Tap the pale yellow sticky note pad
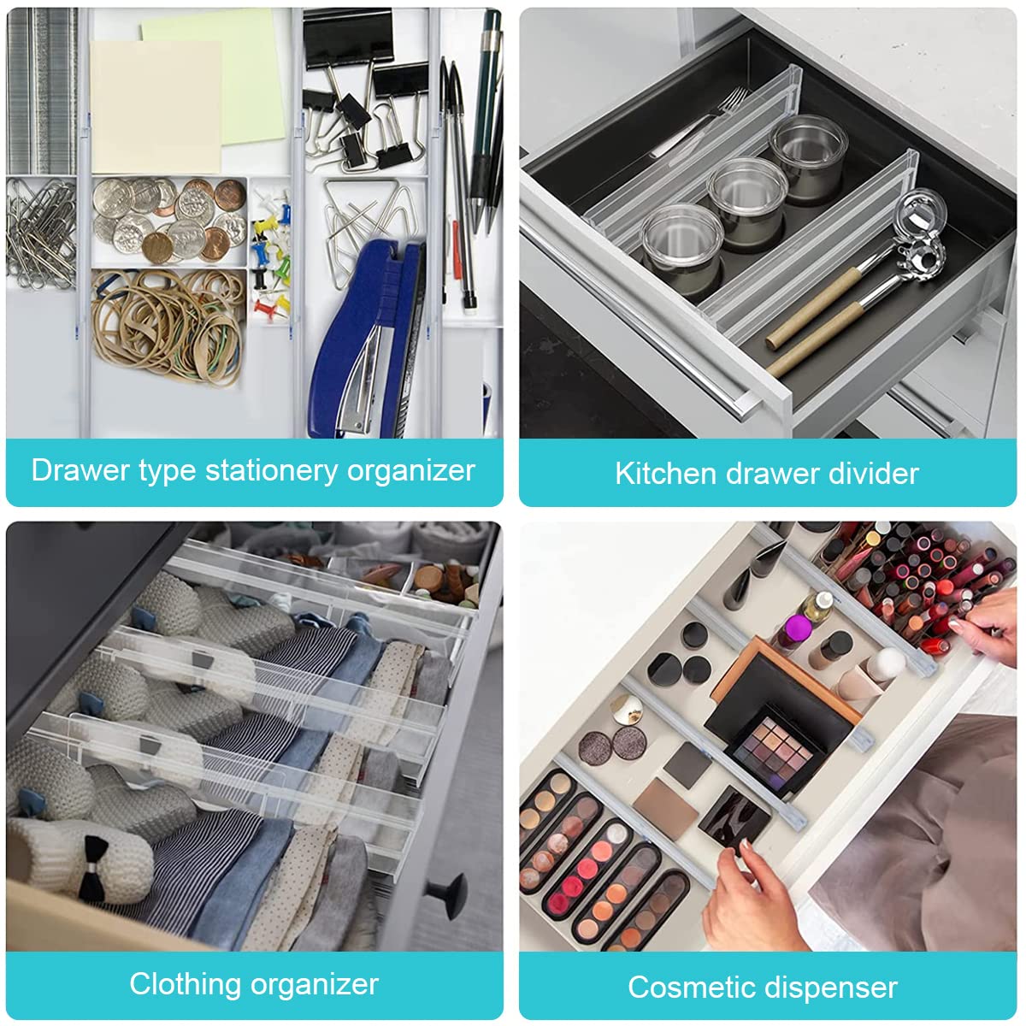156,107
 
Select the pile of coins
169,220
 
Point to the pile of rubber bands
168,325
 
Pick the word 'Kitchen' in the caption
665,474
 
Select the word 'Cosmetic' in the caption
689,988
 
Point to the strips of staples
42,91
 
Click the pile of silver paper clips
41,234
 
